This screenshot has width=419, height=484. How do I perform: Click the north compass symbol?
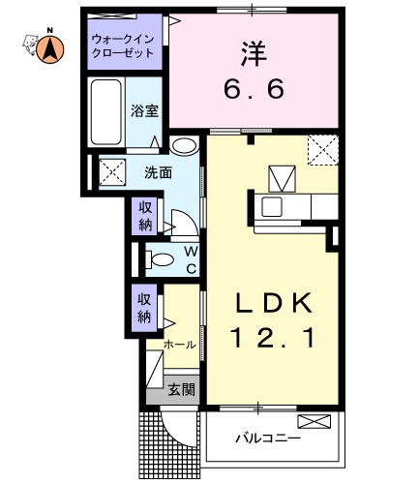tap(46, 45)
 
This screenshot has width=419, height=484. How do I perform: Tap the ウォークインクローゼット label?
tap(123, 46)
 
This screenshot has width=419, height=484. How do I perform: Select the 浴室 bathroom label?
tap(145, 110)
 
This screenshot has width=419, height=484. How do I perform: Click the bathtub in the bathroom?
tap(106, 112)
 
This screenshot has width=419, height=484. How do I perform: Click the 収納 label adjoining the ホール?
tap(144, 308)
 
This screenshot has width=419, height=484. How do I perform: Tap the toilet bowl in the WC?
tap(162, 258)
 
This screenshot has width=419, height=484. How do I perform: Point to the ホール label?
tap(181, 344)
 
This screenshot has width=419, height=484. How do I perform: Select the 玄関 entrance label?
tap(180, 390)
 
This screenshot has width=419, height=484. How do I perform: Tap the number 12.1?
tap(272, 340)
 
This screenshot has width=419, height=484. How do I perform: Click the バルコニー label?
tap(267, 438)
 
